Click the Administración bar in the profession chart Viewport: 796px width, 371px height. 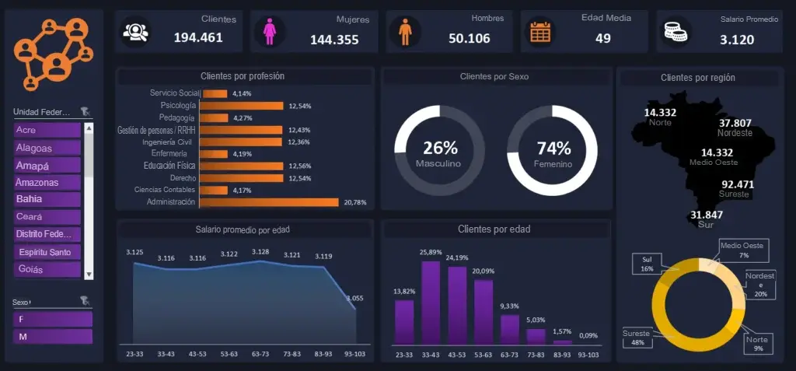[x=269, y=202]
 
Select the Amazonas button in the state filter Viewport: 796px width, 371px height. [x=47, y=182]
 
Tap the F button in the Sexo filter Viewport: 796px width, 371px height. [x=52, y=319]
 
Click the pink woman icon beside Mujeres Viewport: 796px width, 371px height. [x=270, y=32]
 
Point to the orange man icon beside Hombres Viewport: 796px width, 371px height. [x=404, y=32]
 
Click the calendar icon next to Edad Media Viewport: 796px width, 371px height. [x=540, y=32]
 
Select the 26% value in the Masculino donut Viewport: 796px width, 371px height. [x=440, y=148]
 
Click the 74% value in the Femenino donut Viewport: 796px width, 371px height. [x=553, y=148]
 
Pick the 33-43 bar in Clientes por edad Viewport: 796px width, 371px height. [x=431, y=303]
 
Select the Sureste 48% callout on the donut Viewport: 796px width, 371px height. [x=636, y=338]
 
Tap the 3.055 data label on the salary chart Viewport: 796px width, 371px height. [x=354, y=298]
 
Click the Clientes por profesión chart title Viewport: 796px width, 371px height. [x=242, y=76]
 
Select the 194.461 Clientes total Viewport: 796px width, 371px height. [x=198, y=37]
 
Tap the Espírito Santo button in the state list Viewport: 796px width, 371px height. [x=47, y=252]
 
